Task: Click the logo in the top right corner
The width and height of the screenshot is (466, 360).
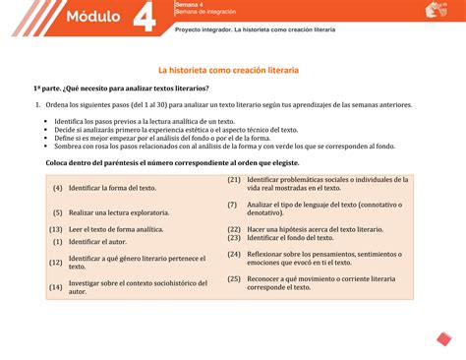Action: [436, 11]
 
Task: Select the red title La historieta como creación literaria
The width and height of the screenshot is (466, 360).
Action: [233, 71]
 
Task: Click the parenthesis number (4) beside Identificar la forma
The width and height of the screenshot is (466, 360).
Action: [58, 188]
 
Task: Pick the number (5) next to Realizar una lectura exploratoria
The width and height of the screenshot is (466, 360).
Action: [58, 212]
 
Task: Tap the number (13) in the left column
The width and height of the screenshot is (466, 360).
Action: [56, 229]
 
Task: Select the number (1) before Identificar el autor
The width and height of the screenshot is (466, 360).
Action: [58, 241]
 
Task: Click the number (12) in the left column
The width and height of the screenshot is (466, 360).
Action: [56, 263]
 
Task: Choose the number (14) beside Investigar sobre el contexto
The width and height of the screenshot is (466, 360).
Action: [56, 287]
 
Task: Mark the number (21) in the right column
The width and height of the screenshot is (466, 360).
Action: [234, 180]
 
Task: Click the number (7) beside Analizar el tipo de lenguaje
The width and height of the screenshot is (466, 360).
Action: [233, 205]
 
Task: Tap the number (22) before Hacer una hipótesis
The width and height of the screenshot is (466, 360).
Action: [234, 228]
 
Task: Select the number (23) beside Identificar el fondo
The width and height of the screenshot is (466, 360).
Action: [234, 238]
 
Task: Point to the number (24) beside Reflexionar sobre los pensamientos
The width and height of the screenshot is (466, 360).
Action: [234, 254]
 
